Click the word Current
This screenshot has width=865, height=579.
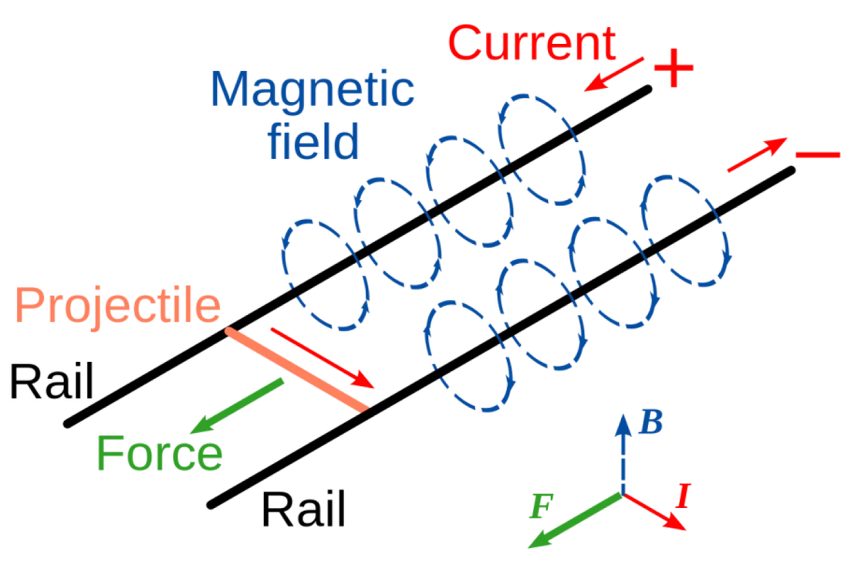pos(532,43)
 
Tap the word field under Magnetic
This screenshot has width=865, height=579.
pos(313,141)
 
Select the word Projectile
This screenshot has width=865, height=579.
pos(117,306)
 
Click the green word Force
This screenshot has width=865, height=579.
pos(160,453)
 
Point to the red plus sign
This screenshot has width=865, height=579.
pos(674,68)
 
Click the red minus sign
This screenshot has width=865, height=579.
pos(818,154)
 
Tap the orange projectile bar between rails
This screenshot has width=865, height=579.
pos(297,370)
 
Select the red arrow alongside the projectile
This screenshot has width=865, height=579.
pos(323,358)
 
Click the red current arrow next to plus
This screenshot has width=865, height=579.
pos(614,74)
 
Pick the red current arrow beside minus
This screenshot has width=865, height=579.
pos(758,154)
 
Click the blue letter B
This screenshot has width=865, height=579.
pos(651,422)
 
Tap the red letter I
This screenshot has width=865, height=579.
pos(683,496)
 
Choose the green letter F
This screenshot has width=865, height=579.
pos(541,506)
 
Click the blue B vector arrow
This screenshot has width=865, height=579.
pos(623,454)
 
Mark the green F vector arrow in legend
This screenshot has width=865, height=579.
pos(576,521)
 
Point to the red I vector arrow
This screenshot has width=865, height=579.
pos(654,512)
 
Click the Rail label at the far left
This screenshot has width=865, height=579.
pos(52,381)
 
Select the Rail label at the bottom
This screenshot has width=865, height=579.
pos(303,509)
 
